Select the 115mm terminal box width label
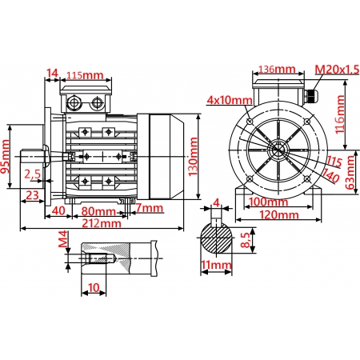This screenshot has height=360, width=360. point(86,75)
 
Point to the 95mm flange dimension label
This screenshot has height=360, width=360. point(6,157)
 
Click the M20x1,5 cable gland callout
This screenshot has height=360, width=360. point(335,70)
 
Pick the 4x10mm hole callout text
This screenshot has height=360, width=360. point(229,101)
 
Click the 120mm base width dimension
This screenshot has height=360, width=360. point(275,214)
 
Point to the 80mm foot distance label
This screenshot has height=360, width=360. point(96,211)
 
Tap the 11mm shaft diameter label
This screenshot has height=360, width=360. point(215,265)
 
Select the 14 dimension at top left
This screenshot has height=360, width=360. point(52,74)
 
